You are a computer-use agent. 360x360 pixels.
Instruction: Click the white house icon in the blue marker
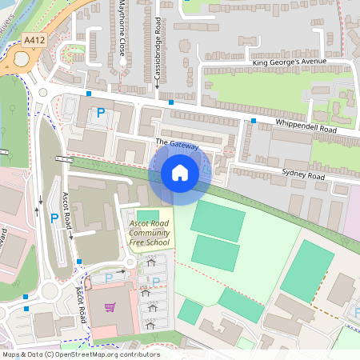pos(180,173)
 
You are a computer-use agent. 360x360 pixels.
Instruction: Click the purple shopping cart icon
pos(110,307)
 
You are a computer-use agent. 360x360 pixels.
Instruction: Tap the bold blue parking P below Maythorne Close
pos(101,114)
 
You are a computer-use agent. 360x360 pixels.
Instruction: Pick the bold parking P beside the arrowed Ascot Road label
pos(54,218)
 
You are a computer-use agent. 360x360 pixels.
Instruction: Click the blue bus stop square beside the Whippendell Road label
pos(254,121)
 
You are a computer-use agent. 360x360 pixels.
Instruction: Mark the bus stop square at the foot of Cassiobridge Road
pos(171,102)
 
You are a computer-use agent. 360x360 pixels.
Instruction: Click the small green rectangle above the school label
pos(142,214)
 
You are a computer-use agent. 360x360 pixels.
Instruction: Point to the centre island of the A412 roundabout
pos(18,63)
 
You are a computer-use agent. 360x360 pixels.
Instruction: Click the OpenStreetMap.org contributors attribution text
pos(108,354)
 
